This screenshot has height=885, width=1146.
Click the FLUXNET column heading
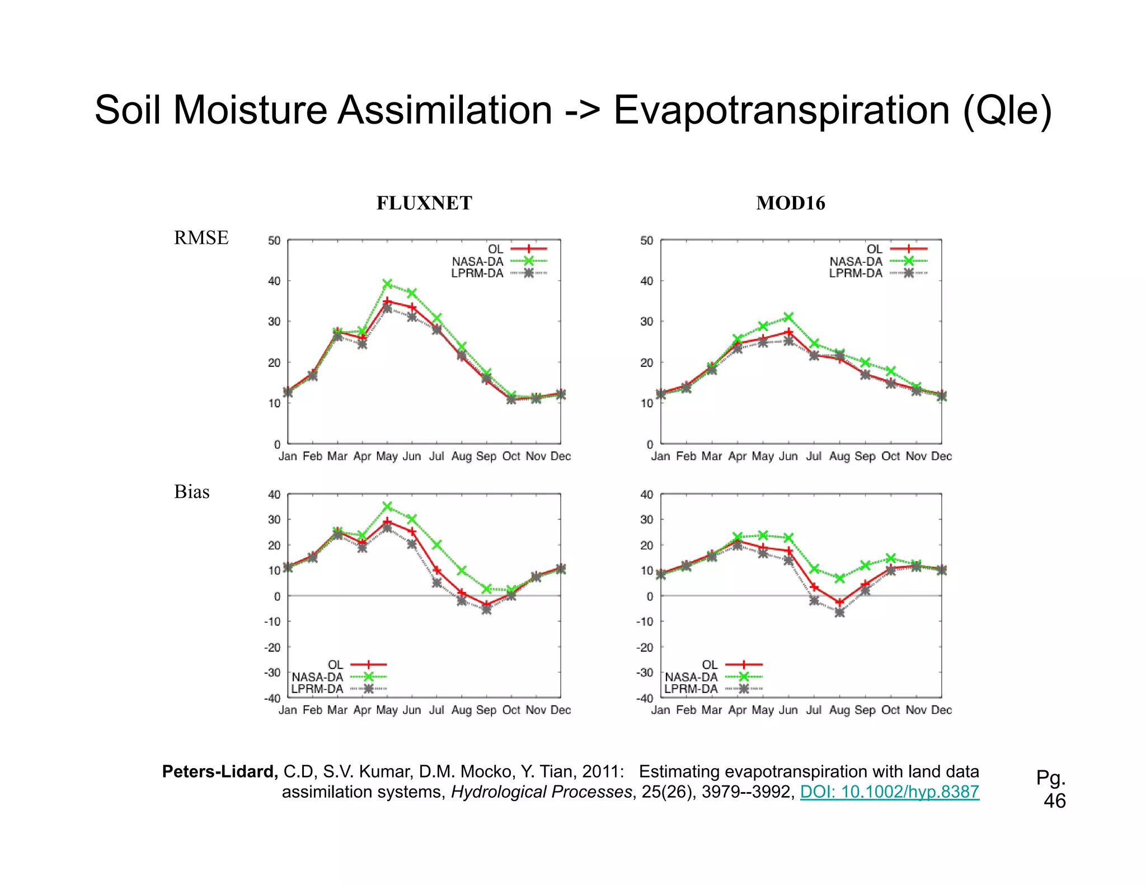[424, 203]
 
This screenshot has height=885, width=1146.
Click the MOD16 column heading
[790, 203]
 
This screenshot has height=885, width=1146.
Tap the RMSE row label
[201, 238]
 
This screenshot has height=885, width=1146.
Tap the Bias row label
[191, 492]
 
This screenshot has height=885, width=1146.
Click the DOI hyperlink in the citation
[889, 792]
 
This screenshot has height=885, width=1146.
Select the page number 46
[1055, 801]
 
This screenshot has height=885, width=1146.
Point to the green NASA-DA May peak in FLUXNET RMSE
[387, 284]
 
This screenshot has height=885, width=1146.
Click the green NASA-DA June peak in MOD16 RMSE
[788, 317]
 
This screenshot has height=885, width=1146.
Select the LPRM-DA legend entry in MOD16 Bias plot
[691, 689]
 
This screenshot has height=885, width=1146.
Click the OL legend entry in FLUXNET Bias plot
[336, 665]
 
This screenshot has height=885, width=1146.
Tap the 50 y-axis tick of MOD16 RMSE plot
[646, 241]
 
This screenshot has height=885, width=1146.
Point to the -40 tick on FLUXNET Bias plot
[273, 698]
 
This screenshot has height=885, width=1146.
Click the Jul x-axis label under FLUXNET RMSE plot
[436, 456]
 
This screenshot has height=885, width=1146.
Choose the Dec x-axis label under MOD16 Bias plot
[941, 710]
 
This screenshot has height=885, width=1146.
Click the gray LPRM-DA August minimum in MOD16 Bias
[839, 613]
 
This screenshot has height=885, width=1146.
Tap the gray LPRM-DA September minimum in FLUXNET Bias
[486, 609]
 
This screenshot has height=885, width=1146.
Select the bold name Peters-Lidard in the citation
[219, 771]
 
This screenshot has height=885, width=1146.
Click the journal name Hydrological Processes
[541, 792]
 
